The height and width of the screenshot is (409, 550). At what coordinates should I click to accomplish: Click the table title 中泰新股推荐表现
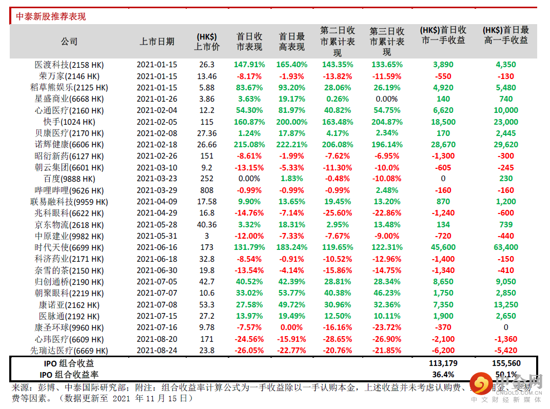[51, 16]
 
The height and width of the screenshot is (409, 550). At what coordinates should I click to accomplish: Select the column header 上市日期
[156, 42]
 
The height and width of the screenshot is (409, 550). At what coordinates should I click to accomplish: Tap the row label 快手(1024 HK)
[69, 122]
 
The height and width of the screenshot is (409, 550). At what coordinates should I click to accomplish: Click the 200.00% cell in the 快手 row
[292, 122]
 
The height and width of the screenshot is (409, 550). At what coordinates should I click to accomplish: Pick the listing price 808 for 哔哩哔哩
[207, 190]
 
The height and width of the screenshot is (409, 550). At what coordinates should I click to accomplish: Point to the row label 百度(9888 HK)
[69, 179]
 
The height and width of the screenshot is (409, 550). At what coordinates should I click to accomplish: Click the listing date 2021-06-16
[156, 247]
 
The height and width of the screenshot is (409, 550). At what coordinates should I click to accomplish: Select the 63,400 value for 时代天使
[506, 247]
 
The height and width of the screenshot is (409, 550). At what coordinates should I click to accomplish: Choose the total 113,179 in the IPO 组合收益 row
[443, 363]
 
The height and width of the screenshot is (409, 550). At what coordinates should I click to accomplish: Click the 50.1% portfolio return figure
[506, 374]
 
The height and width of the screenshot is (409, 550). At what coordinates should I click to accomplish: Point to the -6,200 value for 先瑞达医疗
[443, 350]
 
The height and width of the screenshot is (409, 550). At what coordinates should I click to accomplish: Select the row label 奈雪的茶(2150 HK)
[69, 270]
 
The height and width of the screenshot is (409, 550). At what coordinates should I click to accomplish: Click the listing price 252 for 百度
[207, 179]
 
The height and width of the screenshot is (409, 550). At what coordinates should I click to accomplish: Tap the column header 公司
[69, 42]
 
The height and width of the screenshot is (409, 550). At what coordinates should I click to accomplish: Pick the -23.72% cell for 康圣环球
[386, 327]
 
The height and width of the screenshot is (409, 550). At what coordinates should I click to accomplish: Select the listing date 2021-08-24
[156, 350]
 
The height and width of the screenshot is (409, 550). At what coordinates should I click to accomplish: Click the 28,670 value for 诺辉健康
[443, 145]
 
